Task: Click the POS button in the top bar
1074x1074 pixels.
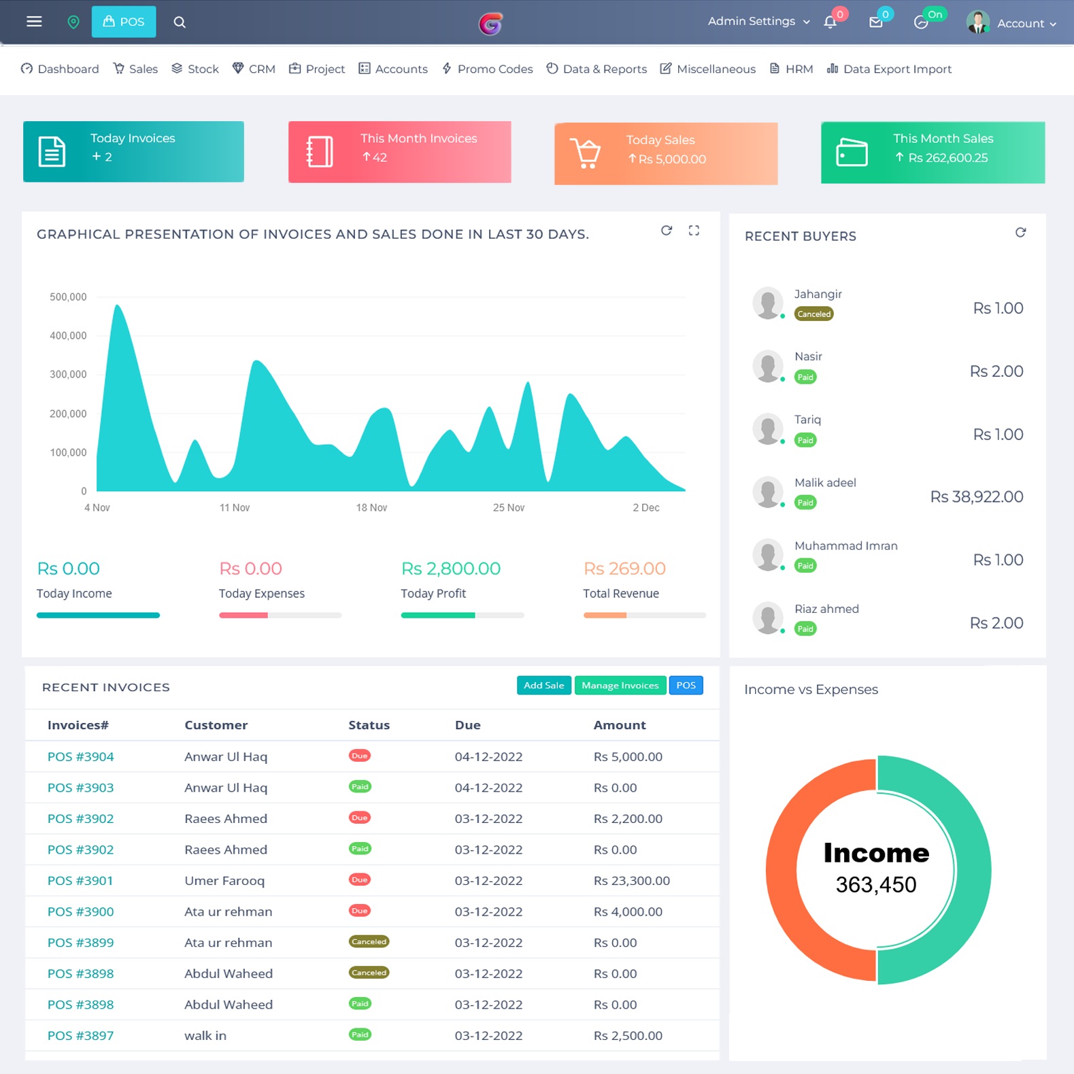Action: coord(124,22)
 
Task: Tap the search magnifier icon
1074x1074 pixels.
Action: coord(180,22)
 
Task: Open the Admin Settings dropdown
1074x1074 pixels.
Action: coord(758,21)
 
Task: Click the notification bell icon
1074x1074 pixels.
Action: coord(830,22)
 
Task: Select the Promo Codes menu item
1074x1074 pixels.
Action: coord(487,69)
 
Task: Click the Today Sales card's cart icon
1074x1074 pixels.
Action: coord(585,153)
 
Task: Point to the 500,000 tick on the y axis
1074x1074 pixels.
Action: coord(68,297)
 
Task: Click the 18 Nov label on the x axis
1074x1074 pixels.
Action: coord(371,507)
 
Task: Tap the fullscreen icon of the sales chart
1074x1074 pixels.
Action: coord(694,231)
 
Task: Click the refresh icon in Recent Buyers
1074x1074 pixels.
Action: coord(1020,233)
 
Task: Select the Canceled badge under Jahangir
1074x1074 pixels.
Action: coord(813,314)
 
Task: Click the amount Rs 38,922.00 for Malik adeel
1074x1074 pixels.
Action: coord(976,497)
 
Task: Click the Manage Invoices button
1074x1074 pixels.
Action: coord(620,686)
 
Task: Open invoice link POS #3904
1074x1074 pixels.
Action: coord(80,756)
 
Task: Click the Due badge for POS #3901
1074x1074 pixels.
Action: coord(359,879)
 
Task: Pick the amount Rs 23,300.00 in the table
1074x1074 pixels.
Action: coord(631,881)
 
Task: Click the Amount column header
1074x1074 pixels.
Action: coord(620,725)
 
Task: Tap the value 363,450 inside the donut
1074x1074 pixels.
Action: coord(876,884)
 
